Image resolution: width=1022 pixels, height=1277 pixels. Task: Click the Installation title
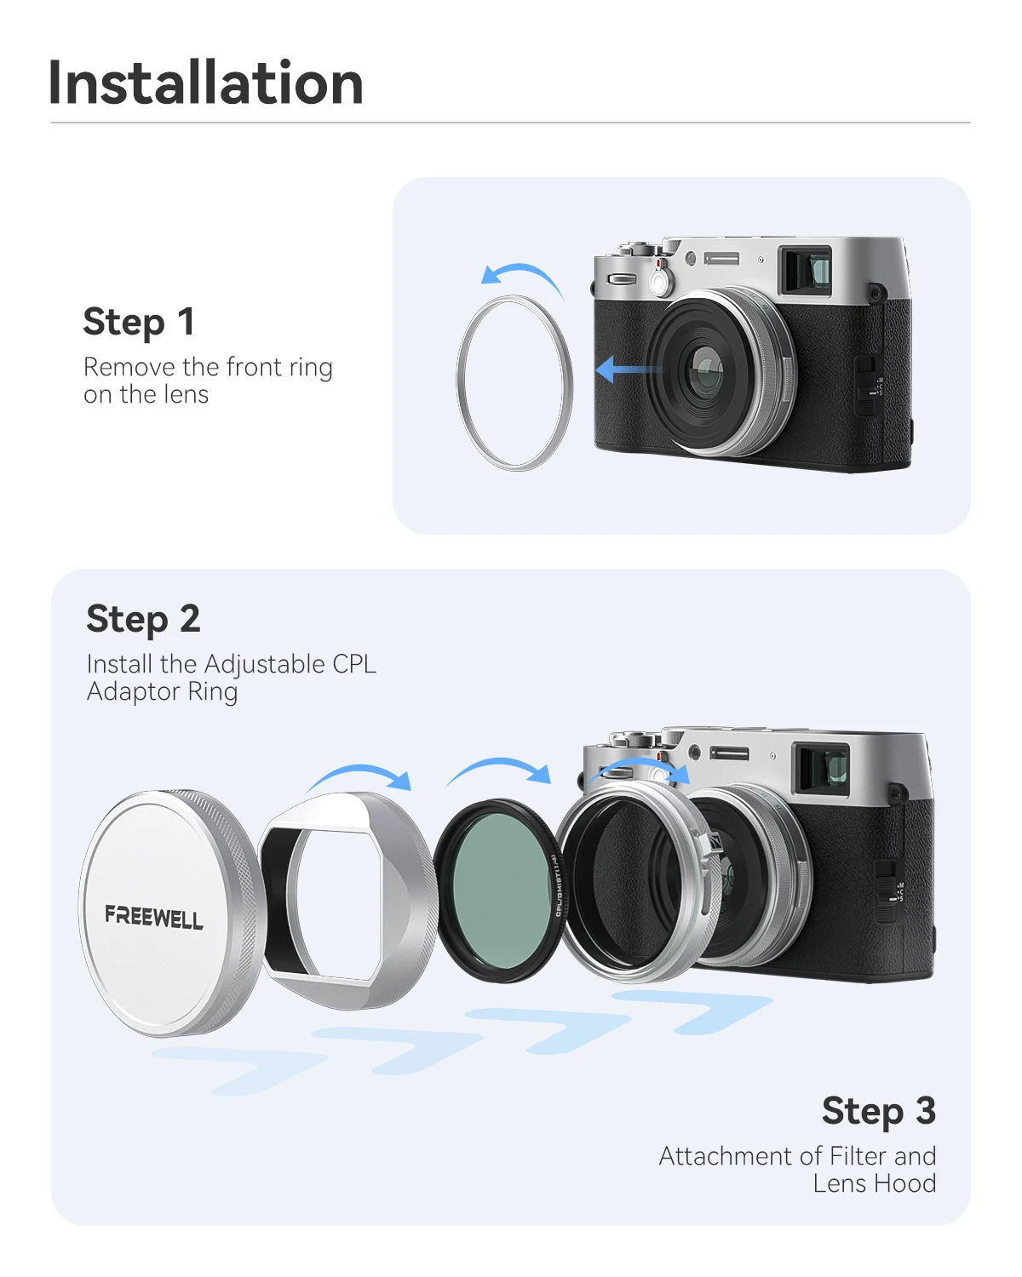[x=206, y=83]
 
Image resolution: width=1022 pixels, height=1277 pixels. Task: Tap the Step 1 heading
[x=139, y=323]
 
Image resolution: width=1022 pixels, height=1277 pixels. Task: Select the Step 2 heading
[x=143, y=620]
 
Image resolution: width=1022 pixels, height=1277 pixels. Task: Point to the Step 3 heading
[x=878, y=1112]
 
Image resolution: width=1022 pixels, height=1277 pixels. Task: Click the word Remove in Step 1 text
[x=129, y=367]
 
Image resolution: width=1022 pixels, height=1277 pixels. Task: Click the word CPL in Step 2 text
[x=353, y=664]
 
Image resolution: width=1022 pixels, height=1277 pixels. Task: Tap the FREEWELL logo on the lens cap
[x=154, y=917]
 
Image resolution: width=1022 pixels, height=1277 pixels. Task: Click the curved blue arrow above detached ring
[x=521, y=276]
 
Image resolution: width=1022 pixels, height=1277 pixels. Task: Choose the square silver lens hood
[x=349, y=902]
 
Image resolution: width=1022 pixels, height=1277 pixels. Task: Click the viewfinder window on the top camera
[x=806, y=270]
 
